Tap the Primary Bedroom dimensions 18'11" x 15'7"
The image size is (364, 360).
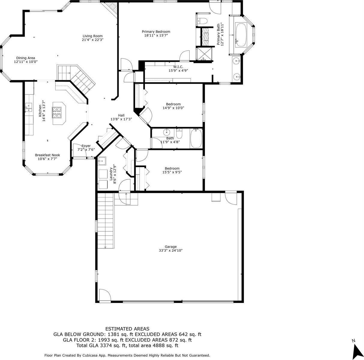(156, 35)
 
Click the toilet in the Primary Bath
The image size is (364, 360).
(203, 21)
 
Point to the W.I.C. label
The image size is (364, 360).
(178, 67)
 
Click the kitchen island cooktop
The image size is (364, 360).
(59, 113)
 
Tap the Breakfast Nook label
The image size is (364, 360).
(47, 155)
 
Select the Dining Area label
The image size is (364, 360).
(26, 58)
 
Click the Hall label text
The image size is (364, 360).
(121, 115)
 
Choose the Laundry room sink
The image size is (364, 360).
(102, 161)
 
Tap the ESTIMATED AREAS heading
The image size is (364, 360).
(127, 329)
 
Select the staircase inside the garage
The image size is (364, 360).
(106, 220)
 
